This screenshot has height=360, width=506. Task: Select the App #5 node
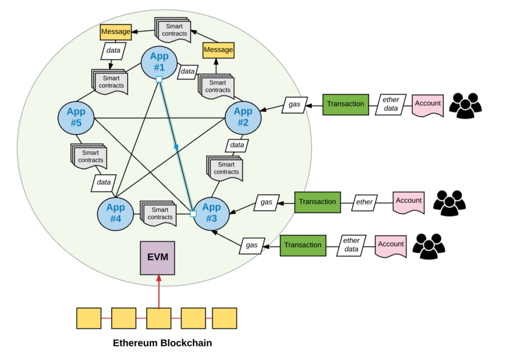[x=76, y=118]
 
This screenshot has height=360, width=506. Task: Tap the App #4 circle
[x=115, y=213]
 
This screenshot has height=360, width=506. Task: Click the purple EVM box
[x=158, y=258]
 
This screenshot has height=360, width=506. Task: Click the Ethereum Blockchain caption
[x=162, y=343]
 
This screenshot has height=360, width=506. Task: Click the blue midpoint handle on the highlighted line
[x=176, y=146]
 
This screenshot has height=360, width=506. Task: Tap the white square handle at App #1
[x=159, y=79]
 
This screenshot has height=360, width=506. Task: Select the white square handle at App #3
[x=193, y=214]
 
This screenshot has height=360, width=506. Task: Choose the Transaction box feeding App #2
[x=346, y=104]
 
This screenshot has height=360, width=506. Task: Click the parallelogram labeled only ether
[x=365, y=202]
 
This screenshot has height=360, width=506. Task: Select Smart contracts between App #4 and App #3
[x=158, y=213]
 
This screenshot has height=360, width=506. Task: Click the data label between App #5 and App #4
[x=104, y=182]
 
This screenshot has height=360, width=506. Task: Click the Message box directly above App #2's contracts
[x=218, y=50]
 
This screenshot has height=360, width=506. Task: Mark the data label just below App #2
[x=237, y=145]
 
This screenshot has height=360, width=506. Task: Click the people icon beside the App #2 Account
[x=465, y=105]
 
